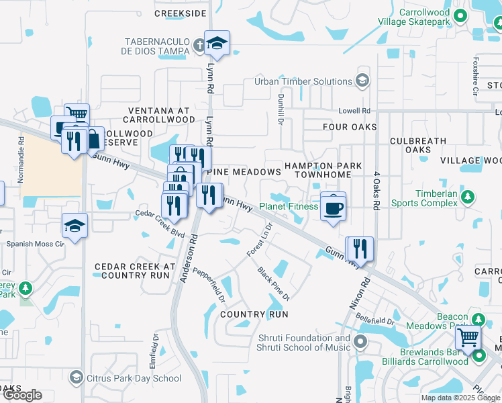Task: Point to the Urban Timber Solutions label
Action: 303,82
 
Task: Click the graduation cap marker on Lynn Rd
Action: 217,44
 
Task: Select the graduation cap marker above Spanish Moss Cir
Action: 74,226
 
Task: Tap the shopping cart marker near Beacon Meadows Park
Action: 468,338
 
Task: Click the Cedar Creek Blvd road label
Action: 160,223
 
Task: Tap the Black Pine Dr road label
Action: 273,283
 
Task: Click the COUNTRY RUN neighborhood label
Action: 254,314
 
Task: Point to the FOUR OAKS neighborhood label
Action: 349,127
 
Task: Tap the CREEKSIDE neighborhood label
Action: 180,13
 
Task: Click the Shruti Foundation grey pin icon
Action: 360,343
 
